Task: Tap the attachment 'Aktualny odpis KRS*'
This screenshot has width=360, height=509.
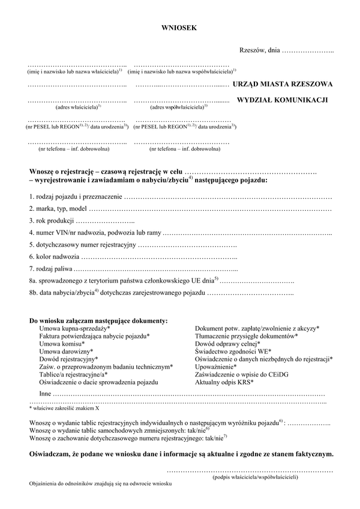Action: (224, 382)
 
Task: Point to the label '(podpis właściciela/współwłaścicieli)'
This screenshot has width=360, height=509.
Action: (254, 478)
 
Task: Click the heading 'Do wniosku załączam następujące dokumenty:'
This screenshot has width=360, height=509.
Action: (99, 321)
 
